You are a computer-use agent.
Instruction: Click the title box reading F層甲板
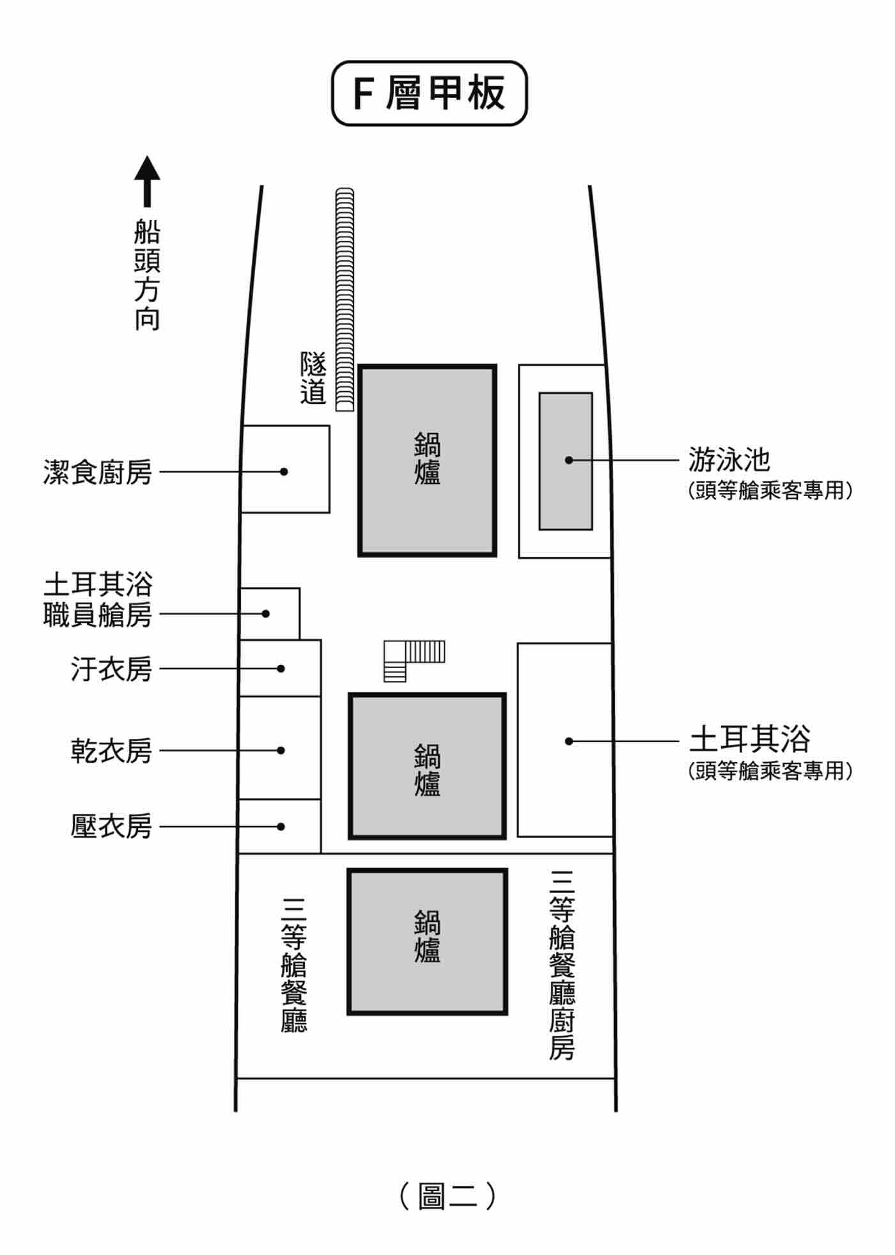(429, 93)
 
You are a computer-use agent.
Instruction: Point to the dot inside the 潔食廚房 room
(284, 472)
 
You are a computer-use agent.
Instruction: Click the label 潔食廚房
(98, 472)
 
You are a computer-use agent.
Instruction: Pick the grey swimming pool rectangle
(565, 461)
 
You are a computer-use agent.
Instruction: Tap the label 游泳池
(729, 459)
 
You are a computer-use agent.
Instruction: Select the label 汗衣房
(111, 669)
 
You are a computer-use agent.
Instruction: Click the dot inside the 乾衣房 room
(281, 751)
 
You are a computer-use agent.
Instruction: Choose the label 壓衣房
(111, 827)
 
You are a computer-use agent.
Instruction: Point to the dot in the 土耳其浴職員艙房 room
(266, 614)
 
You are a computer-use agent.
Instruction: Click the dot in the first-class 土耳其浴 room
(568, 742)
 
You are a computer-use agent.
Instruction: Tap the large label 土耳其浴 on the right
(749, 739)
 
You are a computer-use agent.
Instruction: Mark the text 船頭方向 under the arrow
(147, 275)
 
